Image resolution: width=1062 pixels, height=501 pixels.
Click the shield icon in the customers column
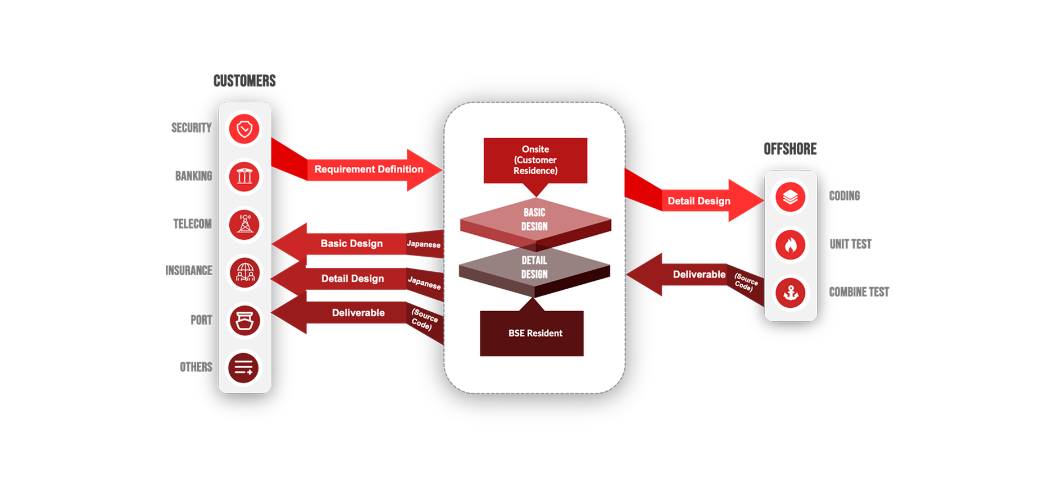pos(244,129)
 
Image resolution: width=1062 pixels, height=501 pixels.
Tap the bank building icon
pos(244,176)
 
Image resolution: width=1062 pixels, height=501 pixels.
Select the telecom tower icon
pos(244,224)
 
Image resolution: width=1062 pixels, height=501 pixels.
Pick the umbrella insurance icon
pos(244,272)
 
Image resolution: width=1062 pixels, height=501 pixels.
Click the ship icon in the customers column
pos(244,320)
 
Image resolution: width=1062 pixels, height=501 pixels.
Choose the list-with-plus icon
pos(243,368)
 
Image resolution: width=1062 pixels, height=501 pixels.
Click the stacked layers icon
pos(790,197)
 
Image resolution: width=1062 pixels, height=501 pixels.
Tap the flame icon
pos(790,245)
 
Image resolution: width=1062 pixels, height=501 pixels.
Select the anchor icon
pos(790,293)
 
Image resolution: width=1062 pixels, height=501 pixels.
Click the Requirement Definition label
pos(369,169)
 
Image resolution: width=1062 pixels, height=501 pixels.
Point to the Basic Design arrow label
pos(351,243)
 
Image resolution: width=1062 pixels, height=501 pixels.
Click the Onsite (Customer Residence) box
pos(535,160)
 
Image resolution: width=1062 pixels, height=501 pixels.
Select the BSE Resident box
pos(535,333)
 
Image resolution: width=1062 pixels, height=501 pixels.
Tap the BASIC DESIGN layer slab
pos(534,220)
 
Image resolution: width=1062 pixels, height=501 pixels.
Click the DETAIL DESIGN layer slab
pos(534,267)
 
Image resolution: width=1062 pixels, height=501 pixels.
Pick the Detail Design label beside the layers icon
pos(698,201)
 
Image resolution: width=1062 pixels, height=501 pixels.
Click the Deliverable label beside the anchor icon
pos(699,275)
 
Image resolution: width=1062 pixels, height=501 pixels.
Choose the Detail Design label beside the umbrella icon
pos(352,279)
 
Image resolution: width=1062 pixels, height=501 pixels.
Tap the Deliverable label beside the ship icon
pos(358,313)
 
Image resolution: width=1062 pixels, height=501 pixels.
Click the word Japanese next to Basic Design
pos(424,244)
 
